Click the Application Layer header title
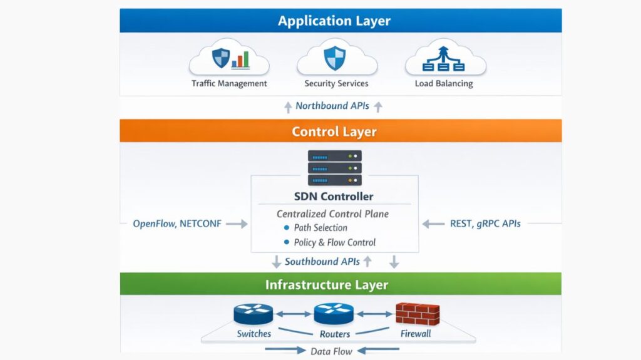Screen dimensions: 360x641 [334, 21]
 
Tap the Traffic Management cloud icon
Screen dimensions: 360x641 [229, 59]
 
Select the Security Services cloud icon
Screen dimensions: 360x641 [336, 59]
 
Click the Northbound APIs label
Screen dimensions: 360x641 [332, 106]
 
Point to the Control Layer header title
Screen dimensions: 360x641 [334, 132]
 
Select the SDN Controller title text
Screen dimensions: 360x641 [334, 197]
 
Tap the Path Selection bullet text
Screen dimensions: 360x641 [320, 228]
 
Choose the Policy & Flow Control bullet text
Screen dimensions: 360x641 [335, 242]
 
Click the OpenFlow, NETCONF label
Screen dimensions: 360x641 [177, 224]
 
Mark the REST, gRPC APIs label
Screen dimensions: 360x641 [485, 224]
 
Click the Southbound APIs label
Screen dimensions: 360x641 [322, 262]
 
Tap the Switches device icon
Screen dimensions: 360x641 [254, 314]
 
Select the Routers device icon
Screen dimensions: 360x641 [334, 314]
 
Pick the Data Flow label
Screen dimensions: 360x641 [331, 351]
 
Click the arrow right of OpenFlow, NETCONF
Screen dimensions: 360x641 [237, 224]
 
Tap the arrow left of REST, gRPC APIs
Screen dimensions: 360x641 [433, 224]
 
